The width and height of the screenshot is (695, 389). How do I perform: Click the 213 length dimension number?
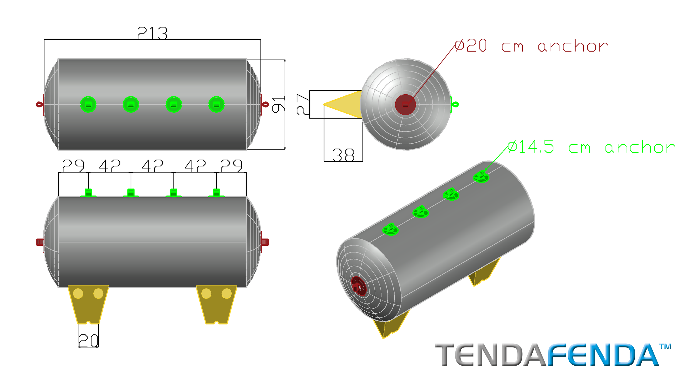tap(152, 33)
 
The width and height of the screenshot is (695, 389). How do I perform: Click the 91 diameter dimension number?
tap(279, 105)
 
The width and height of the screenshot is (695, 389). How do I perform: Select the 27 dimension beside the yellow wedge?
tap(303, 104)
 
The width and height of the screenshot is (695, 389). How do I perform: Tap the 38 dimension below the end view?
tap(343, 155)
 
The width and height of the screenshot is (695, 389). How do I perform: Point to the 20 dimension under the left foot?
tap(88, 340)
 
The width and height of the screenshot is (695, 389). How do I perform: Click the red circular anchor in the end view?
tap(405, 105)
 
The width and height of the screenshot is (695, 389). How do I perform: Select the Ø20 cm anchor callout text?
tap(531, 46)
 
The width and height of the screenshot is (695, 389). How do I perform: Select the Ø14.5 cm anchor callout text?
tap(591, 147)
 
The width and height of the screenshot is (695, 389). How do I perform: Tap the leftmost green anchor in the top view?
tap(88, 105)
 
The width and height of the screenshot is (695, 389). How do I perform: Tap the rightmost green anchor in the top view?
tap(216, 105)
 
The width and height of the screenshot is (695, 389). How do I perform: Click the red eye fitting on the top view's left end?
tap(40, 105)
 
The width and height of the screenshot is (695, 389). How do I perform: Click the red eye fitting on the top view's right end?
tap(265, 105)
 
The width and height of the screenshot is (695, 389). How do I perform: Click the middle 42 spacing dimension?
tap(152, 166)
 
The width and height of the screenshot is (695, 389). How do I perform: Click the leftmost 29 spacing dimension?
tap(73, 166)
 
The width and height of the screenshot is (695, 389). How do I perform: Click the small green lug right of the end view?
tap(454, 105)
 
